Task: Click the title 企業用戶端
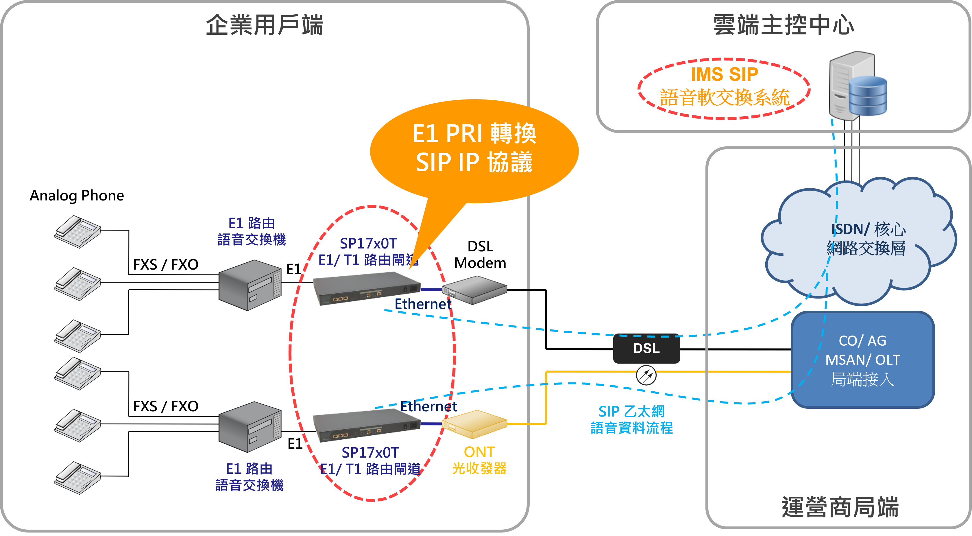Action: point(265,25)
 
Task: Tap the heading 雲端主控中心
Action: point(783,25)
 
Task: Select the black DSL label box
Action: point(646,348)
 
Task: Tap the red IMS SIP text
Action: point(724,74)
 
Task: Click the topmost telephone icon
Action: point(78,231)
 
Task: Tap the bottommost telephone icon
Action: point(78,478)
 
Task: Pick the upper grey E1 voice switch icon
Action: point(250,285)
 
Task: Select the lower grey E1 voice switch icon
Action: point(250,427)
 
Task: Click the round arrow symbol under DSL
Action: point(646,375)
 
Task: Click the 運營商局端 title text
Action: point(840,507)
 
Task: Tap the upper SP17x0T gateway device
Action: point(366,289)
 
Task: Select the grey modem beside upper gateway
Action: point(474,290)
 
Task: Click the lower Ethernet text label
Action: point(429,406)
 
